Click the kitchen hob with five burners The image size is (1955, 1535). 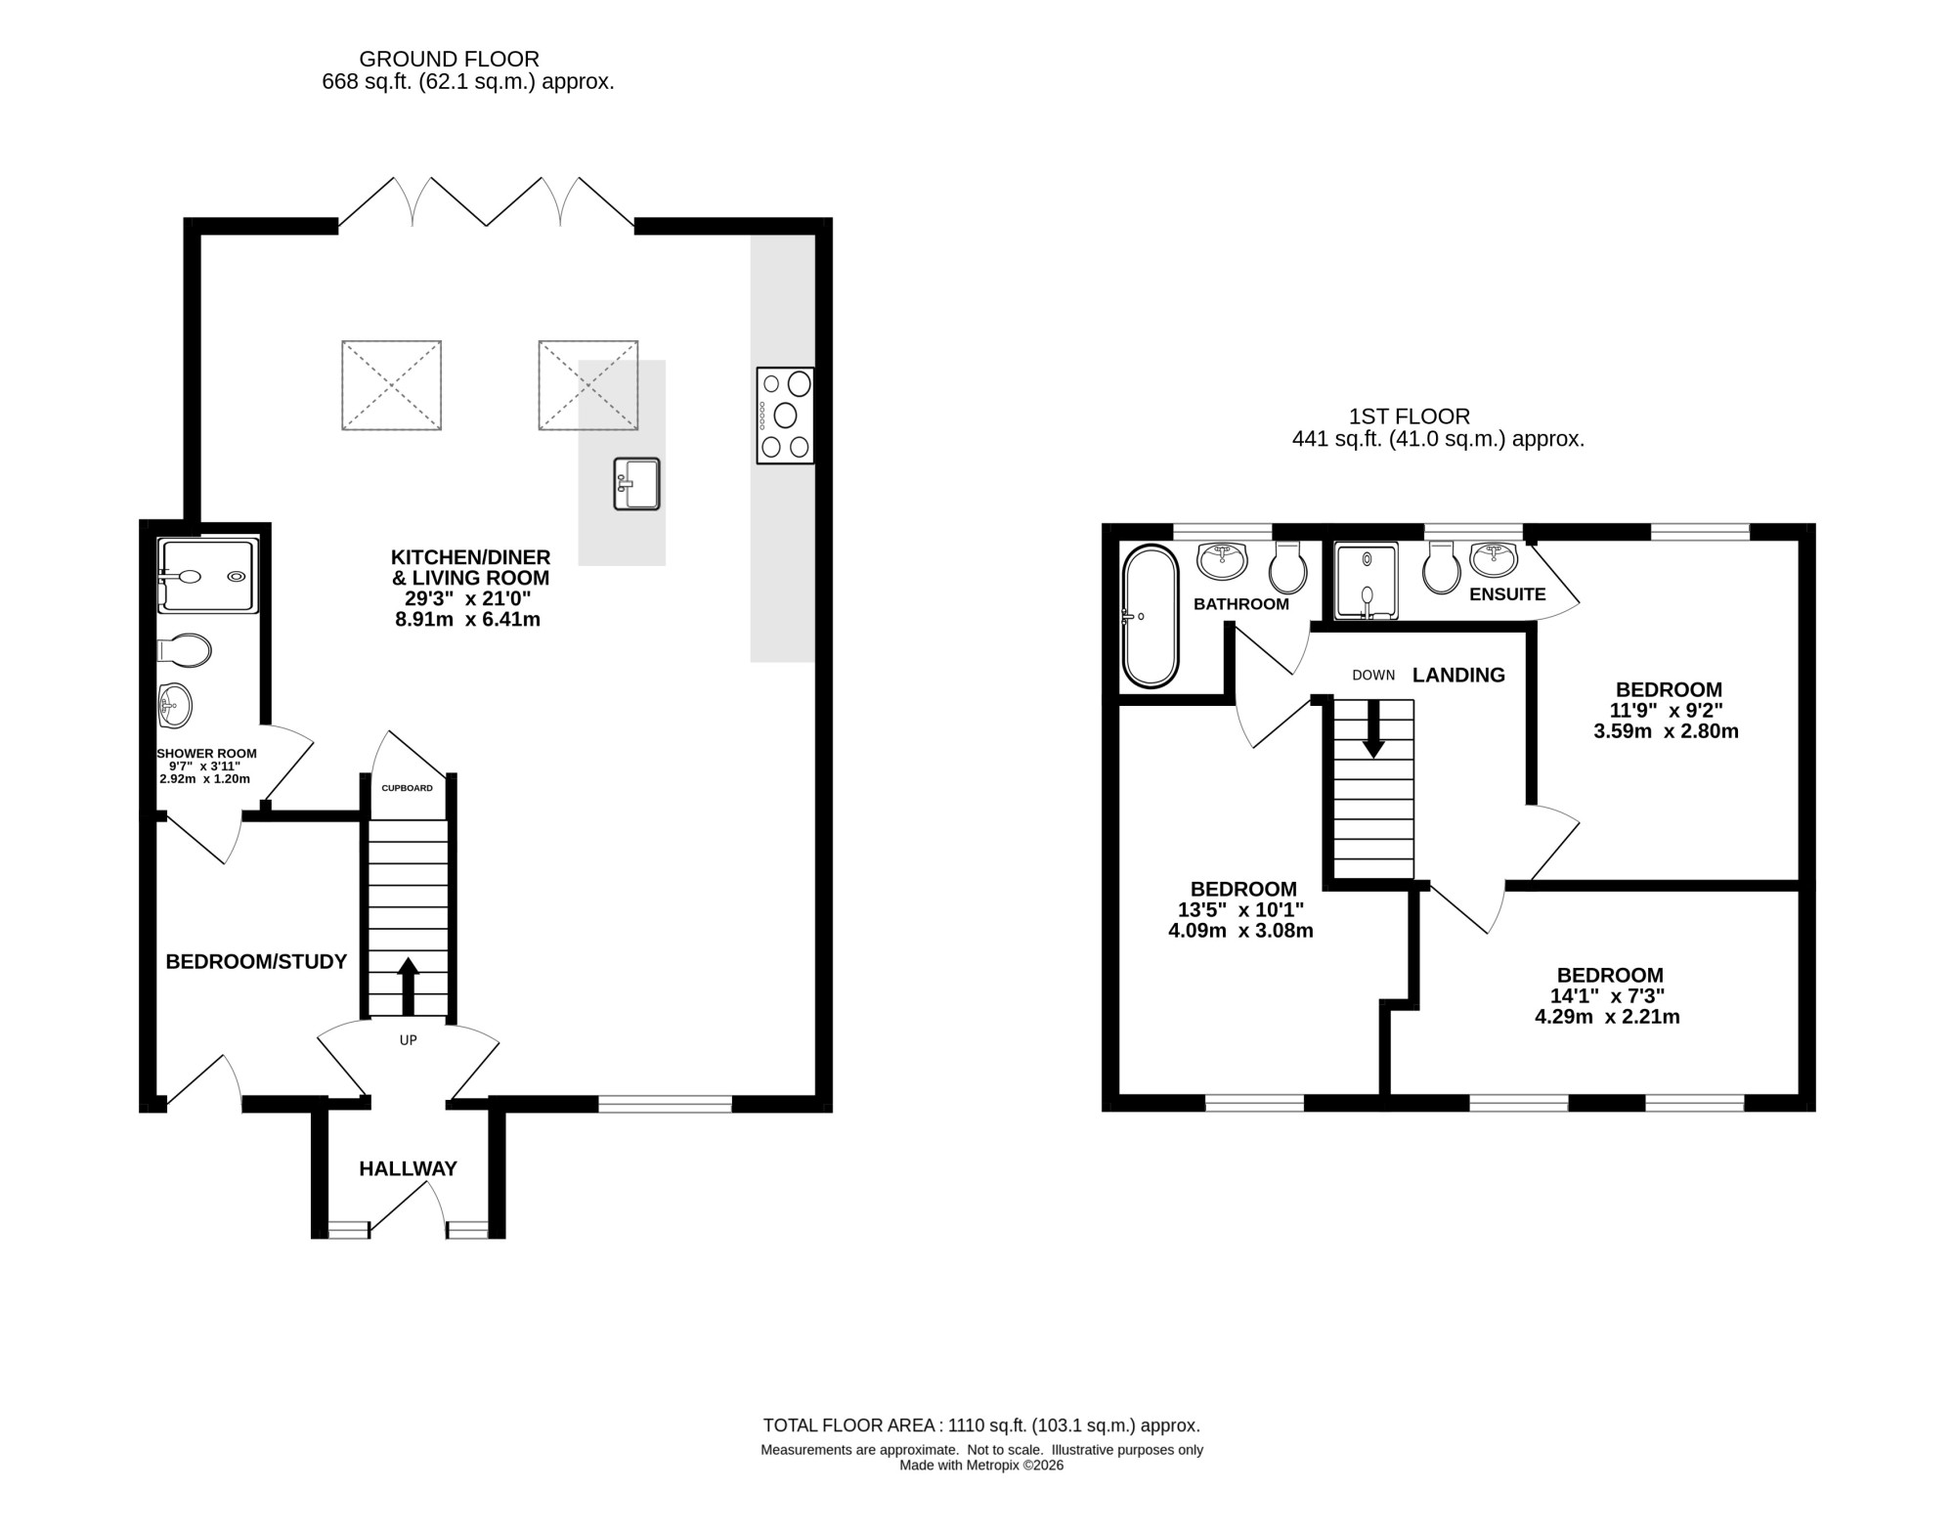pos(785,415)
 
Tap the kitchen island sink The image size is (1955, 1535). pos(636,484)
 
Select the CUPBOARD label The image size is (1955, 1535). pos(407,788)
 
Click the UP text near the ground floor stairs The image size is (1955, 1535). pos(409,1040)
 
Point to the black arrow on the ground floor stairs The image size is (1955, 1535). pos(409,987)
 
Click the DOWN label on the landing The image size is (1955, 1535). pos(1373,676)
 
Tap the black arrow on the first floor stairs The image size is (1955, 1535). pos(1373,728)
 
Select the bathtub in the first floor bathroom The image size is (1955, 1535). pos(1151,616)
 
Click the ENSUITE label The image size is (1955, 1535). pos(1507,594)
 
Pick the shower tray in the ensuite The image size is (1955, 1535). pos(1367,581)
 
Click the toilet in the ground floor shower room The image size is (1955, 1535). pos(184,650)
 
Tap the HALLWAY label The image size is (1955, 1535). pos(408,1168)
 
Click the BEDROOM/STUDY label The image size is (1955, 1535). pos(256,962)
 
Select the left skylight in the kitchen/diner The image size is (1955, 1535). pos(391,385)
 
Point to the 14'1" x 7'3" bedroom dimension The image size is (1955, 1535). pos(1608,996)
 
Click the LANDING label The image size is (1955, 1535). pos(1458,676)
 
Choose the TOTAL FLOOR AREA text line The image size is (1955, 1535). pos(981,1425)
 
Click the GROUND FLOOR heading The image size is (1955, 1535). pos(450,60)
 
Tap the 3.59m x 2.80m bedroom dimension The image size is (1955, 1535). pos(1667,731)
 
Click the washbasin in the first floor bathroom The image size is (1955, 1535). pos(1222,561)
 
